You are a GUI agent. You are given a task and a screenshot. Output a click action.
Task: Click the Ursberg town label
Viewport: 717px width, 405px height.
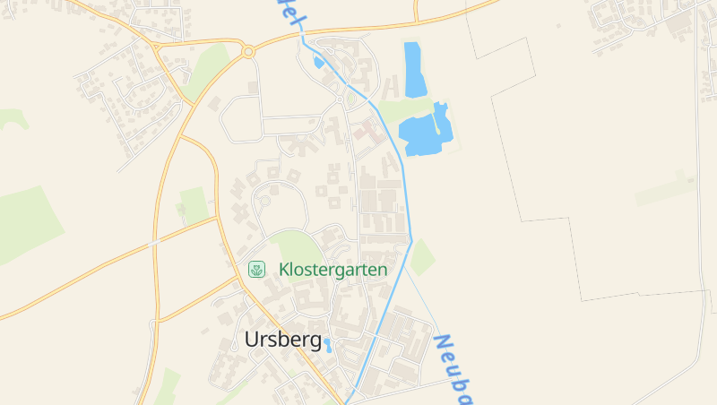[x=282, y=340]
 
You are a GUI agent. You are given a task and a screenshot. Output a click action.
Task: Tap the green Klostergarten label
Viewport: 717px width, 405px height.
[x=333, y=269]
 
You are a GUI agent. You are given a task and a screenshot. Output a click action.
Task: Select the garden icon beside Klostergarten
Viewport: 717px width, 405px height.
[x=257, y=269]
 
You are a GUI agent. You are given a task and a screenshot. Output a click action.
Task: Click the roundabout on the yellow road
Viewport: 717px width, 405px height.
[x=248, y=52]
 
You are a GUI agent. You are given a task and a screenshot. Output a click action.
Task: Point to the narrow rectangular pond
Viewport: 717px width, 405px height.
[x=415, y=69]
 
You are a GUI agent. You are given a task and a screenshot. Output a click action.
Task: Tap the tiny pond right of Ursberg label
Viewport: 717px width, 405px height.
[x=328, y=344]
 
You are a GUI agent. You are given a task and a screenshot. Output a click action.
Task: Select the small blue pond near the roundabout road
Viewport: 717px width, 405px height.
[x=318, y=62]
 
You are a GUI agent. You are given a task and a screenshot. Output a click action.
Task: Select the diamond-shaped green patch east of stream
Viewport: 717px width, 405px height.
[x=421, y=257]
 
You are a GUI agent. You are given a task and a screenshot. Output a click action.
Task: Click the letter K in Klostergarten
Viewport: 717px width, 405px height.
[x=284, y=269]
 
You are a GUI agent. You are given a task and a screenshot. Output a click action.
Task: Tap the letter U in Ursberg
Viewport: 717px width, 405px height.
[x=252, y=340]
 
